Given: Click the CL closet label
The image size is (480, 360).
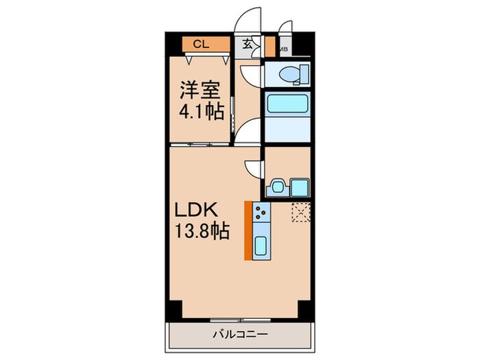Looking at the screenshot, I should click(x=200, y=45).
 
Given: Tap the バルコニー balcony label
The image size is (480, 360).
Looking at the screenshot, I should click(x=239, y=335).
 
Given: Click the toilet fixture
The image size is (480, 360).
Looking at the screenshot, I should click(x=288, y=74).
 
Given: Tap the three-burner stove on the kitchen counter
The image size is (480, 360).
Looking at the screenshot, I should click(x=261, y=215).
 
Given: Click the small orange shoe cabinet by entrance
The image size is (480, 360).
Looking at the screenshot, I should click(x=269, y=48).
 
